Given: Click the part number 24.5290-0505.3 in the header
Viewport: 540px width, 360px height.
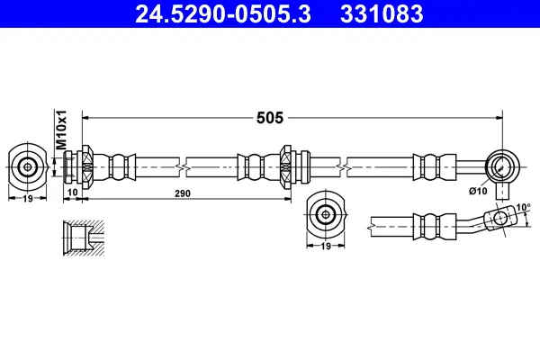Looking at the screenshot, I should [x=221, y=14].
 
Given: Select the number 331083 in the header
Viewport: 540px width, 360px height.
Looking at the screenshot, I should [x=381, y=14].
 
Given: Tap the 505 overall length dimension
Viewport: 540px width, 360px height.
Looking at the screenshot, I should [x=269, y=117].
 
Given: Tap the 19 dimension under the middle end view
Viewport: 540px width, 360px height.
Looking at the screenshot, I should [x=326, y=245].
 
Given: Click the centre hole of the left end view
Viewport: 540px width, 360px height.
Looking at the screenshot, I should [x=27, y=166].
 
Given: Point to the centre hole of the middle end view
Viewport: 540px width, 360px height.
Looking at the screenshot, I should [x=326, y=213].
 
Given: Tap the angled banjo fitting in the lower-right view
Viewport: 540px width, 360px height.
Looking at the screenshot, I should [x=491, y=218].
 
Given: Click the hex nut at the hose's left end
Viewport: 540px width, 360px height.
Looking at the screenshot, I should [x=86, y=166].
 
